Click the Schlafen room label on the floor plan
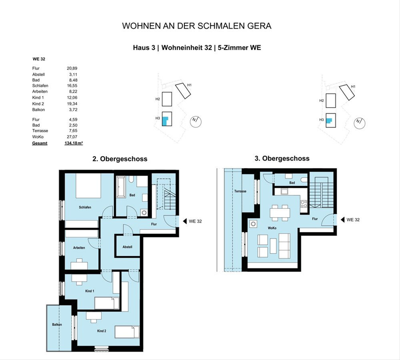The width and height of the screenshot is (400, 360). [85, 207]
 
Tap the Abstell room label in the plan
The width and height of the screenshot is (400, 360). [127, 247]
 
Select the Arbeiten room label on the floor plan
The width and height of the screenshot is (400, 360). [79, 248]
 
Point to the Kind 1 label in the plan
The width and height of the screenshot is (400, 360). [90, 291]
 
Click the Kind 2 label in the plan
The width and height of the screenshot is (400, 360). [102, 331]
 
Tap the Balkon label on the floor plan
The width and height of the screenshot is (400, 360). [57, 325]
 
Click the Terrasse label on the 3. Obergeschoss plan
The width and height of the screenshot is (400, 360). [240, 191]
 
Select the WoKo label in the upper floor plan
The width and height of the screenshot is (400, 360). [272, 228]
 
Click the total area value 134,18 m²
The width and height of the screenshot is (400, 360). [73, 143]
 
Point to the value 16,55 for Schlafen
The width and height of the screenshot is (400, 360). [72, 86]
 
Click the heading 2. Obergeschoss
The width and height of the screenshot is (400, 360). [120, 159]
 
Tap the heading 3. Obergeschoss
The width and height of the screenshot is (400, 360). [282, 159]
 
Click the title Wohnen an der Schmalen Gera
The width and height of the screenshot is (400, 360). [197, 26]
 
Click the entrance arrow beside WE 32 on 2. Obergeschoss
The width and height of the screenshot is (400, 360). [184, 221]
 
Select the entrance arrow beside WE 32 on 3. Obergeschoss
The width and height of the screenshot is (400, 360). [342, 220]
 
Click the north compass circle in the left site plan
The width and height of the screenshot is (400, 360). [196, 121]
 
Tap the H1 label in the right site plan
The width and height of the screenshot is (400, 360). [353, 87]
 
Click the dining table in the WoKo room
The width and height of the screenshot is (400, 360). [280, 212]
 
